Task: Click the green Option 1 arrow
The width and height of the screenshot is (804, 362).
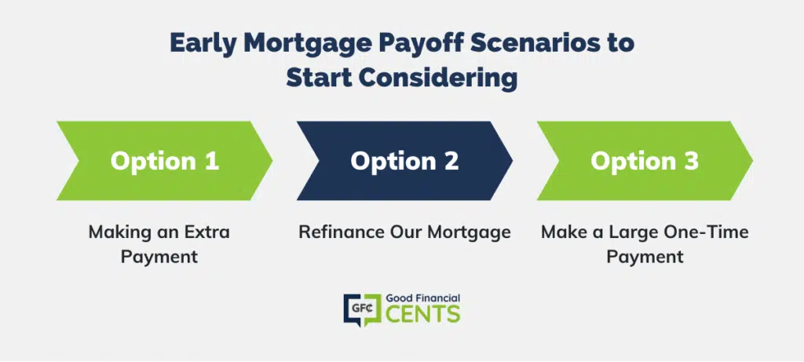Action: tap(164, 160)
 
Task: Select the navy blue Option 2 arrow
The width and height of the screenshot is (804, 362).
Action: tap(404, 160)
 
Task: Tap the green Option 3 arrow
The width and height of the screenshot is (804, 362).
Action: tap(645, 160)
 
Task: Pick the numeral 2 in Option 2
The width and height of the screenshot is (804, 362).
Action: tap(451, 160)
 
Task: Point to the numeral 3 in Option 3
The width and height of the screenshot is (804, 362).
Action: tap(691, 160)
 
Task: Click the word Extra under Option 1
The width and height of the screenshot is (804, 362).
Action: tap(206, 232)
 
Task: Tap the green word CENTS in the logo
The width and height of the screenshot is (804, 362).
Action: tap(422, 314)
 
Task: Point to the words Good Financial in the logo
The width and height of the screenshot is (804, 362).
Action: tap(422, 298)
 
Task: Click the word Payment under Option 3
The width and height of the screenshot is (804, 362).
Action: tap(645, 256)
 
